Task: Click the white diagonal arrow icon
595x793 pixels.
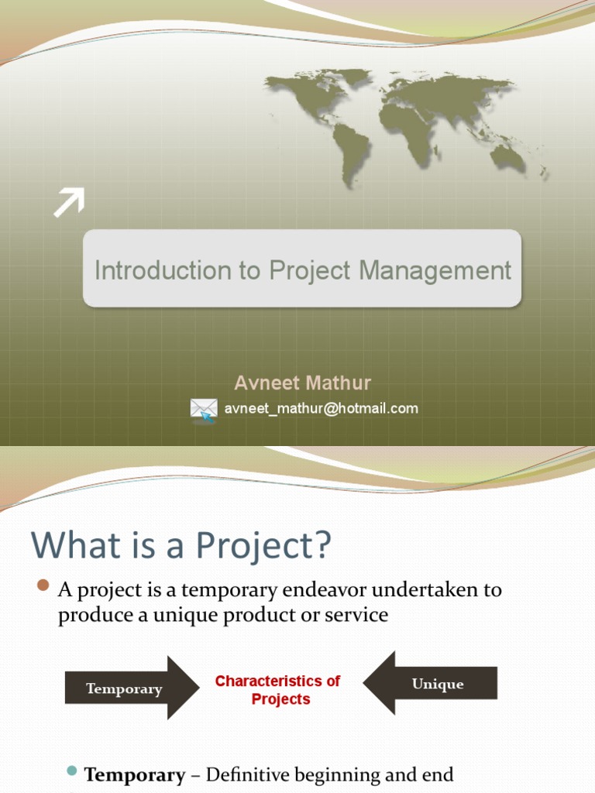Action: (x=68, y=203)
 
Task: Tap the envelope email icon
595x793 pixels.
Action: (x=204, y=408)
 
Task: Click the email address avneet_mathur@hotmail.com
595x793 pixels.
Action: (x=322, y=408)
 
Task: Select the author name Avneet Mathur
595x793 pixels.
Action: (x=302, y=383)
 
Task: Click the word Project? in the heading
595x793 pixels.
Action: (x=263, y=546)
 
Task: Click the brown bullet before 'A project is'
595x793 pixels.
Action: (x=43, y=585)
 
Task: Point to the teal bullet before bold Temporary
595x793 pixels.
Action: (x=72, y=771)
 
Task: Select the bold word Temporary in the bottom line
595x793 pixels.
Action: (x=134, y=774)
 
